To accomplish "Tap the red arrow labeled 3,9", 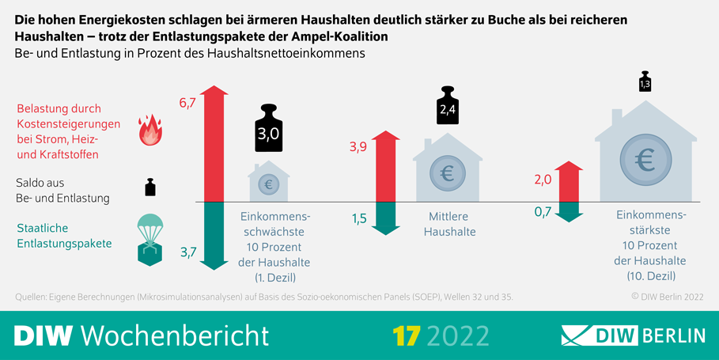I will point(384,166).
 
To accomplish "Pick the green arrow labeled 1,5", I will point(384,218).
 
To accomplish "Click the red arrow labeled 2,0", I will point(568,183).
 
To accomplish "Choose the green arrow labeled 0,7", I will point(568,210).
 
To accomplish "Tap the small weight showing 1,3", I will point(645,81).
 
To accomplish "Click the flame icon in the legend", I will point(149,131).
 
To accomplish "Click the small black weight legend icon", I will point(149,187).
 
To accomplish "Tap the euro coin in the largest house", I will point(645,161).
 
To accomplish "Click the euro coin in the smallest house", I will point(268,184).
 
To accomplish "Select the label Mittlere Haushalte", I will point(449,224).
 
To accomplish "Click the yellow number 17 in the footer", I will point(406,335).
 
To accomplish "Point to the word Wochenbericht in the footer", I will point(175,335).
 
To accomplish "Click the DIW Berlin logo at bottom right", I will point(632,335).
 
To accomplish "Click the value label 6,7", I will point(187,104).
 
